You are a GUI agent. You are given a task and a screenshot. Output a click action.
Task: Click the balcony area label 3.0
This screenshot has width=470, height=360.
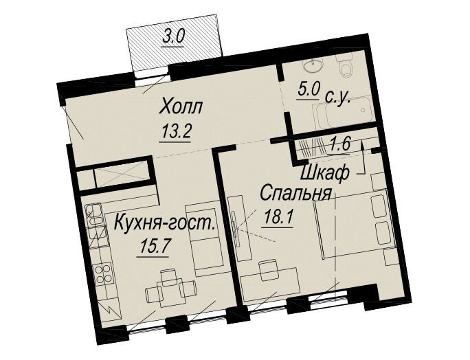point(173,38)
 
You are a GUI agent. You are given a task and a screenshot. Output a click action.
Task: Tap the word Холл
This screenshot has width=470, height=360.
point(181,108)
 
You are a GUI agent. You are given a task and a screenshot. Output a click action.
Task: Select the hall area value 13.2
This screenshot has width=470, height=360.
point(176,131)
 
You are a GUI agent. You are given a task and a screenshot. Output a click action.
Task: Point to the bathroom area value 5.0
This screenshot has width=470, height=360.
point(309,89)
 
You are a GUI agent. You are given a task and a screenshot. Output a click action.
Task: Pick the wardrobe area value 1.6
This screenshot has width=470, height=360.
point(341,146)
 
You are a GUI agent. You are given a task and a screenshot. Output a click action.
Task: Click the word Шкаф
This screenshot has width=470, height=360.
point(324,173)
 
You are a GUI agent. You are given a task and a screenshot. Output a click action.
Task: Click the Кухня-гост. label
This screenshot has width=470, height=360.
point(165,223)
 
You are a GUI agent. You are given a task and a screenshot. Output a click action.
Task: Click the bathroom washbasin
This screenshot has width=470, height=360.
point(313,64)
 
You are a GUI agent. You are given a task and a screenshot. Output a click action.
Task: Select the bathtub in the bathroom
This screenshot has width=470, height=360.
point(343,111)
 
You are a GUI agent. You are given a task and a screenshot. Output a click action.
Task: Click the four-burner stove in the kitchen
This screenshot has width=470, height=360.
point(103,273)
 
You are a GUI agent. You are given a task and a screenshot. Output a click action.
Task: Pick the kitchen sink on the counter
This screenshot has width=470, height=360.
point(94,216)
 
